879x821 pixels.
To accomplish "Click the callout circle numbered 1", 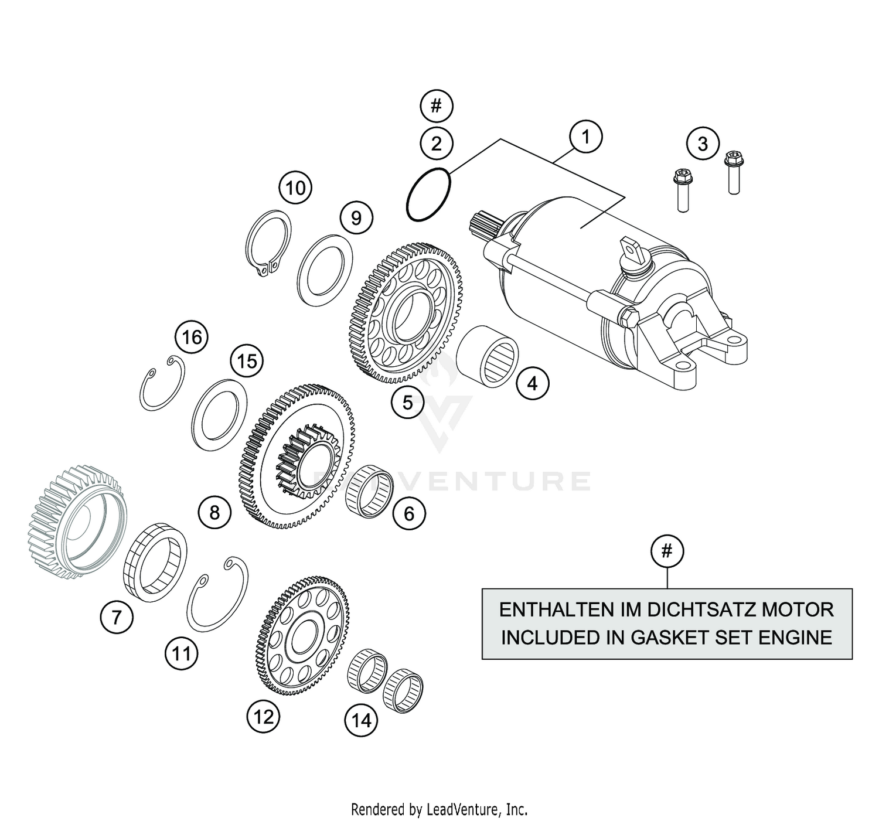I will (x=585, y=137).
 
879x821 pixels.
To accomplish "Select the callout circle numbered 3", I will (x=702, y=144).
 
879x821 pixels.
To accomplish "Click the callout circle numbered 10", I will (x=295, y=188).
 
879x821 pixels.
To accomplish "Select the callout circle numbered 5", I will (x=407, y=402).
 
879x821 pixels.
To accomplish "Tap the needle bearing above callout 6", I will (x=367, y=491).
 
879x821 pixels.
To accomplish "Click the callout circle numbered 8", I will (x=214, y=512).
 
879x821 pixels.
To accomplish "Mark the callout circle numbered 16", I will (x=192, y=338).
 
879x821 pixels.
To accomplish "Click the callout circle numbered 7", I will (x=117, y=616).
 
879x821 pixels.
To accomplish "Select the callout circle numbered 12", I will (x=263, y=716).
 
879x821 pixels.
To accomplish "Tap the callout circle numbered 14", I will (x=362, y=720).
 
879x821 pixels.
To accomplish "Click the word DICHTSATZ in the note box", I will (x=703, y=609).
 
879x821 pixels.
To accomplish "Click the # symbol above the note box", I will (x=667, y=551).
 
